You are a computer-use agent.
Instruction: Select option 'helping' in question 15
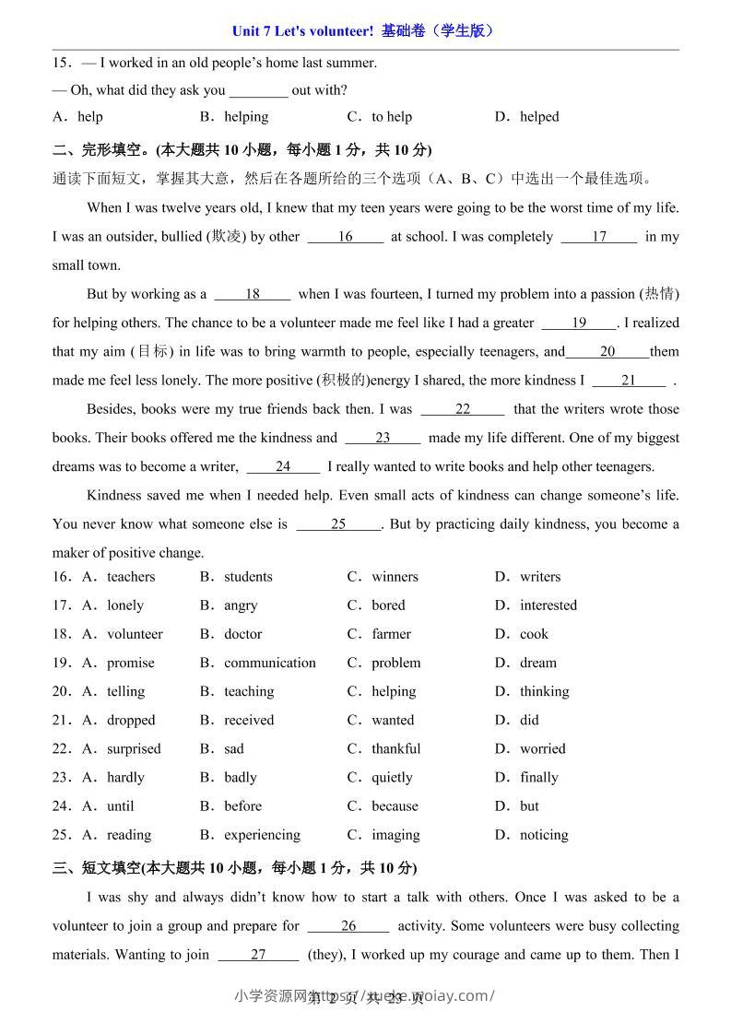(x=245, y=117)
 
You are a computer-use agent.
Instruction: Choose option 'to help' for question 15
(x=391, y=117)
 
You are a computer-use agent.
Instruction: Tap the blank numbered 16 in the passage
(x=345, y=237)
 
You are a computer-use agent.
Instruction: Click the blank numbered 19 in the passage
(x=579, y=323)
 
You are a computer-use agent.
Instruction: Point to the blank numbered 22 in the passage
(x=462, y=409)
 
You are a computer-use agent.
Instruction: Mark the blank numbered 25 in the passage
(x=338, y=524)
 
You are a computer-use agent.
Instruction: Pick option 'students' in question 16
(x=248, y=577)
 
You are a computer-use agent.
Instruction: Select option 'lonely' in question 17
(x=124, y=605)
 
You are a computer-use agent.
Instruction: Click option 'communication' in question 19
(x=269, y=663)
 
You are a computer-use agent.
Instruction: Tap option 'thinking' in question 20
(x=544, y=691)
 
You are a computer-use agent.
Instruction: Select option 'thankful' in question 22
(x=395, y=748)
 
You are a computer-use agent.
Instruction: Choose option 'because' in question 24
(x=395, y=805)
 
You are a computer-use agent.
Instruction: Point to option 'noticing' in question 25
(x=544, y=835)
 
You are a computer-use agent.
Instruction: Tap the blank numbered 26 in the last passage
(x=348, y=926)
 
